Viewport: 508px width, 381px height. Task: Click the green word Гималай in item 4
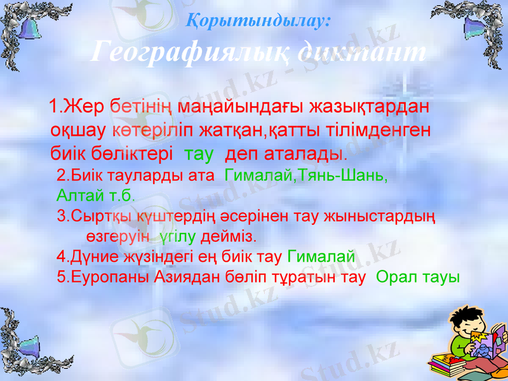click(x=321, y=257)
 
